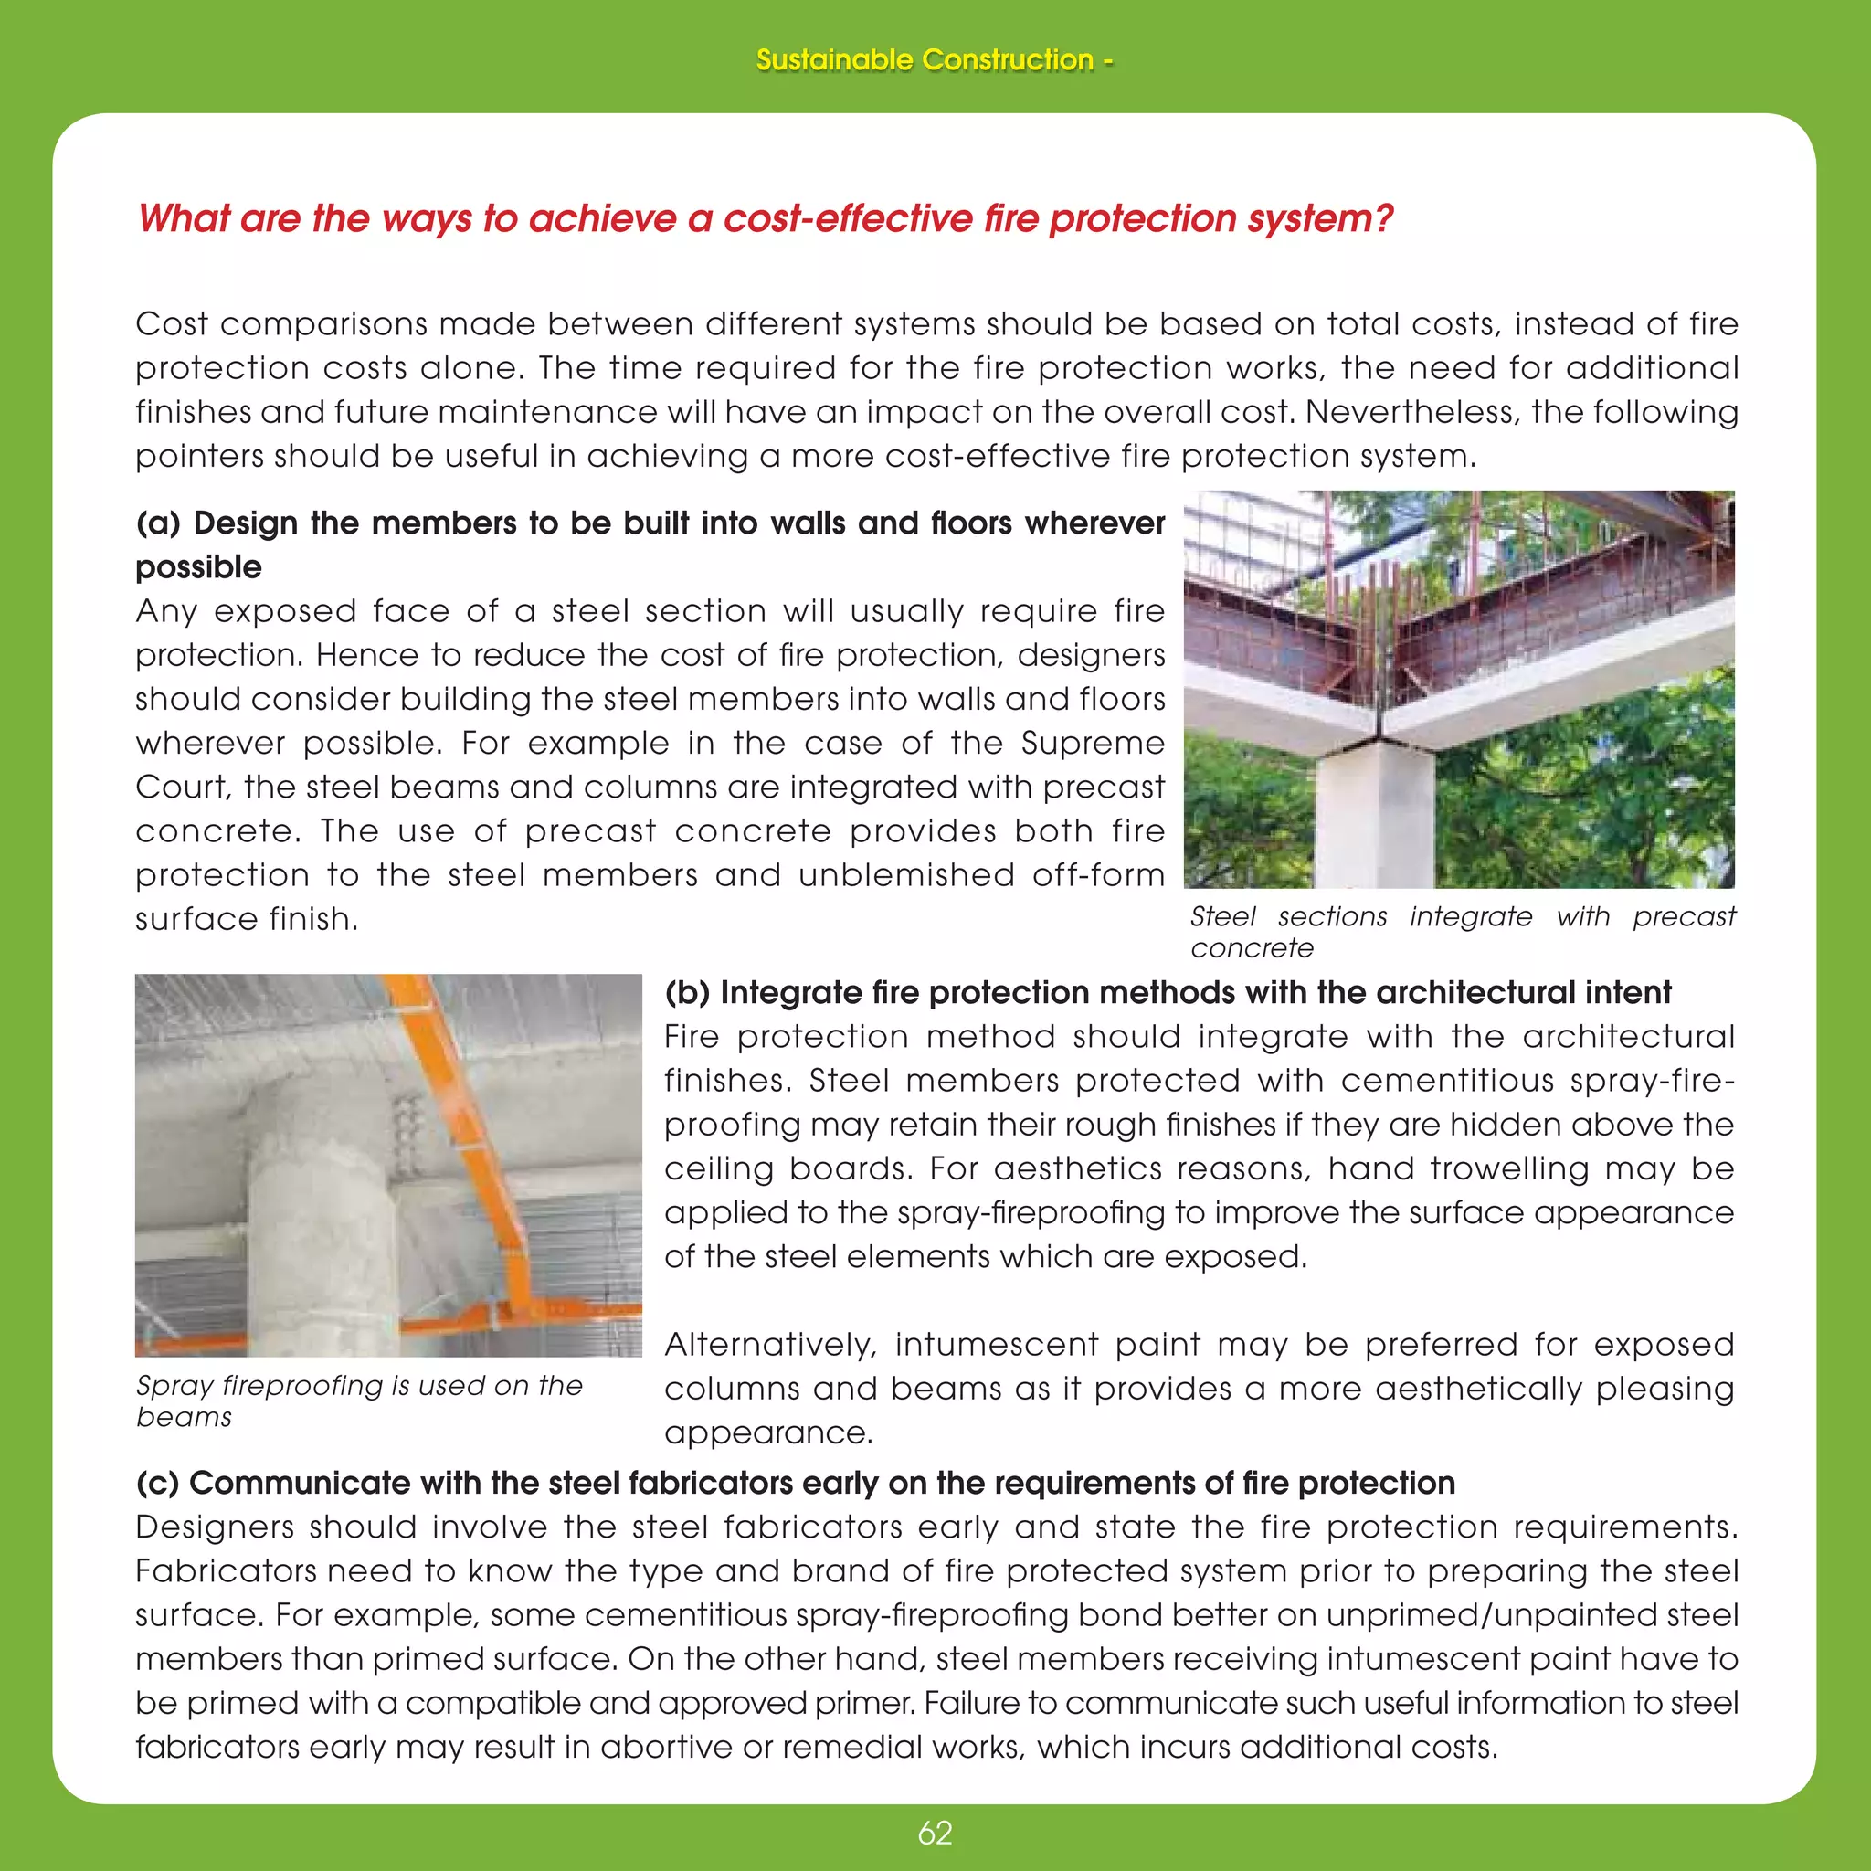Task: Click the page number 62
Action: coord(935,1833)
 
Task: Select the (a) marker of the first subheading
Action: coord(157,523)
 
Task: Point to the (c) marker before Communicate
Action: coord(156,1483)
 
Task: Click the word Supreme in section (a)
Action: coord(1093,743)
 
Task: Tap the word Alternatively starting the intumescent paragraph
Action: coord(770,1344)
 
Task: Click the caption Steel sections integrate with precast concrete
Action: coord(1463,931)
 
